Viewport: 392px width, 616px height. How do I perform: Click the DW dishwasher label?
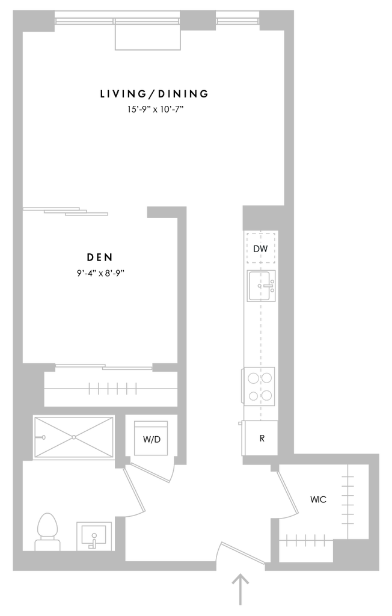click(260, 248)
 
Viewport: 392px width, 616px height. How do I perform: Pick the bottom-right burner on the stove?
click(266, 396)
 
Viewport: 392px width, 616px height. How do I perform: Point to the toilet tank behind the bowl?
click(47, 544)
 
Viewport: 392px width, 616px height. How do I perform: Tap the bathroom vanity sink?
click(93, 535)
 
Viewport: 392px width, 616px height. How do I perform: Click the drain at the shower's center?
click(72, 435)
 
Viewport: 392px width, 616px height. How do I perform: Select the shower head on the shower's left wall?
click(42, 437)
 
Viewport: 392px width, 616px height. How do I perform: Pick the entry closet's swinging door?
click(287, 493)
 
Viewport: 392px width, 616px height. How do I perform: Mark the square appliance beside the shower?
click(150, 437)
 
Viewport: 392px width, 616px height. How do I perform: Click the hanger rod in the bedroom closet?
click(112, 389)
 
